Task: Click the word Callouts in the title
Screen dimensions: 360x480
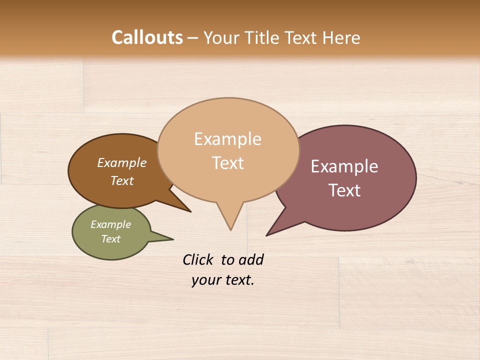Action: pyautogui.click(x=147, y=37)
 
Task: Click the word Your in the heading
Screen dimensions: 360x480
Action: pyautogui.click(x=222, y=37)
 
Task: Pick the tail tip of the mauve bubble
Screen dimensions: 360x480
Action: pyautogui.click(x=267, y=235)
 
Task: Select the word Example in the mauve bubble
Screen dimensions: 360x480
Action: pyautogui.click(x=344, y=166)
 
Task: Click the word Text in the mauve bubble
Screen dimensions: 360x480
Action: pyautogui.click(x=344, y=190)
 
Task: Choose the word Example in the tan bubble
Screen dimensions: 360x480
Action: pyautogui.click(x=227, y=139)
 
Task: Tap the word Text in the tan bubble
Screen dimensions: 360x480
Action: pyautogui.click(x=228, y=163)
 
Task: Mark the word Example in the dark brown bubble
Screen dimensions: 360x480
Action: pyautogui.click(x=122, y=163)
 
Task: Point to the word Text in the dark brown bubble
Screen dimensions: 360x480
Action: pyautogui.click(x=122, y=181)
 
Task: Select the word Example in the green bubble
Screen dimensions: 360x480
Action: pyautogui.click(x=110, y=224)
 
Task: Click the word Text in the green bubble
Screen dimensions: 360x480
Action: pyautogui.click(x=111, y=239)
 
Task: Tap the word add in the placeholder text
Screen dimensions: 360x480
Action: pyautogui.click(x=250, y=259)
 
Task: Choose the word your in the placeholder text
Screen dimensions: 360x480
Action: pyautogui.click(x=205, y=280)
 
